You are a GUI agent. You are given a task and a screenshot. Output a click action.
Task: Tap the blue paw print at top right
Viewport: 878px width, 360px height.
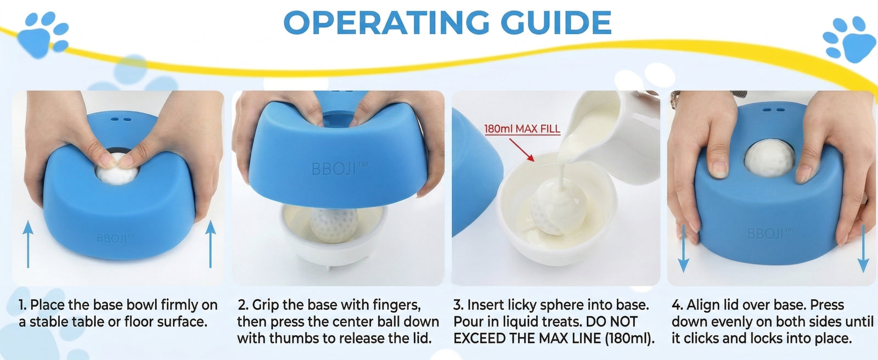click(x=848, y=39)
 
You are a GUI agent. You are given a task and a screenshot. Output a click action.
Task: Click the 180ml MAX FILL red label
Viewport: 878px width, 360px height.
click(x=522, y=129)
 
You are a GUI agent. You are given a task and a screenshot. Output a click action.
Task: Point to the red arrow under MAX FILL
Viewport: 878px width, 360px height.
click(x=522, y=149)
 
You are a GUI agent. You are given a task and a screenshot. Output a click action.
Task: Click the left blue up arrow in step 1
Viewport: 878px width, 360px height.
click(x=28, y=244)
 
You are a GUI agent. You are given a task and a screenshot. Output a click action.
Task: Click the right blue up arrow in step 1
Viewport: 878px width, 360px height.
click(x=211, y=244)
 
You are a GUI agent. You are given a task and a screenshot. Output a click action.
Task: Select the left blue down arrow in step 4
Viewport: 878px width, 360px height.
click(x=683, y=249)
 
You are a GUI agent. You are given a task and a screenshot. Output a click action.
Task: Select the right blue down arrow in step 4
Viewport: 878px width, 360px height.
click(x=863, y=249)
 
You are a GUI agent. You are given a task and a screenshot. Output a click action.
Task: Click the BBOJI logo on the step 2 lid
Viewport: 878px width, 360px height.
click(x=340, y=169)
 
